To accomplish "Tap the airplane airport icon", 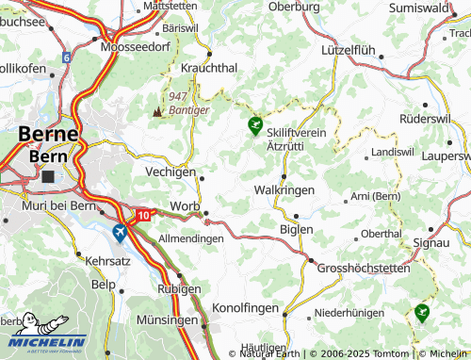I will [x=120, y=232].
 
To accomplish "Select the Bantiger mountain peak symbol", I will [x=157, y=110].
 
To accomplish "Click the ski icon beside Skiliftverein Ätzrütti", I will [x=254, y=124].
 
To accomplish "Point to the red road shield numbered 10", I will [x=142, y=216].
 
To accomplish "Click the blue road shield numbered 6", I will [x=67, y=57].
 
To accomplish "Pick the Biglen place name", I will [x=295, y=229].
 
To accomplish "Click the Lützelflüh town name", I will [x=349, y=48].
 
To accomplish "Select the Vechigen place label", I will [x=170, y=172].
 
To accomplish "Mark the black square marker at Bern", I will [x=48, y=176].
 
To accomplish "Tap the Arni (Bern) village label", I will [x=376, y=195].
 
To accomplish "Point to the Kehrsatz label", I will [x=107, y=258].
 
